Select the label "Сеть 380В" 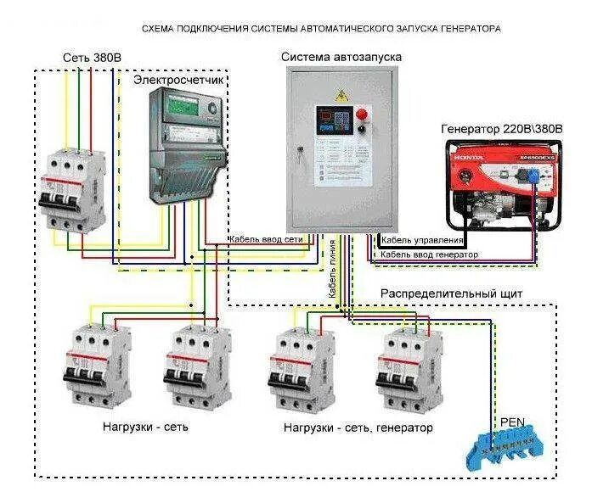coord(92,57)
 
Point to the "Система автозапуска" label coord(341,56)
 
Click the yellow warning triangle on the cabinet coord(342,92)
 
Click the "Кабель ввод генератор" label coord(429,254)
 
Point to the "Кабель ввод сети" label coord(265,240)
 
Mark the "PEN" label coord(513,420)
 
